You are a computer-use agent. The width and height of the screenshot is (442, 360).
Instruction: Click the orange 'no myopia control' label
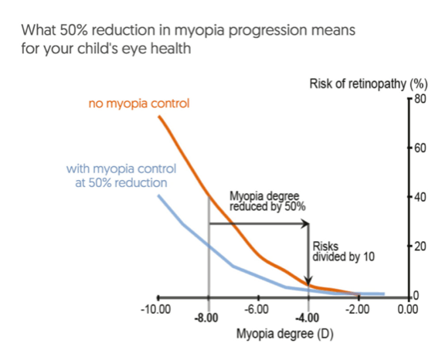click(x=139, y=104)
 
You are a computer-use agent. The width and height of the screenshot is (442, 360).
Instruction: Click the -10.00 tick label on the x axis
click(x=155, y=309)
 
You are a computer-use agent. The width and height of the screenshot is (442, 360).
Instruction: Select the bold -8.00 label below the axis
click(x=206, y=318)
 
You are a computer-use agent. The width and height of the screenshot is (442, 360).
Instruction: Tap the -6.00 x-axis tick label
click(x=257, y=309)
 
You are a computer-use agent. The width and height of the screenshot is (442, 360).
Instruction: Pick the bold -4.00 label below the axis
click(x=308, y=318)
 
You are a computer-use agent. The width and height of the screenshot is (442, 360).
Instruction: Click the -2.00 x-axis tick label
click(x=358, y=309)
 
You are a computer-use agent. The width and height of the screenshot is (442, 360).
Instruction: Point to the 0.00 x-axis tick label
click(x=408, y=309)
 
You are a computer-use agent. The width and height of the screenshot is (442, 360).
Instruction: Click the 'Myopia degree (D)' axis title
click(x=284, y=334)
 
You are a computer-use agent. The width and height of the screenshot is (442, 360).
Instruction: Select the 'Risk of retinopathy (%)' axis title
click(x=369, y=84)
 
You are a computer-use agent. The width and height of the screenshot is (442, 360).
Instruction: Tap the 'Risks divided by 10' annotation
click(x=343, y=252)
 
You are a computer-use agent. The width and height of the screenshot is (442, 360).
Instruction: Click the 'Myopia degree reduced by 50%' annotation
click(x=267, y=201)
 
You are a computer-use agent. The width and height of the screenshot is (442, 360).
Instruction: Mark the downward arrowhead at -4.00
click(x=308, y=282)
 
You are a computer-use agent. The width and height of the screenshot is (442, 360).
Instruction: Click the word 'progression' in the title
click(x=268, y=30)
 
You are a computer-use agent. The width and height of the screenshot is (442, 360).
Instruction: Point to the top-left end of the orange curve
click(x=159, y=116)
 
